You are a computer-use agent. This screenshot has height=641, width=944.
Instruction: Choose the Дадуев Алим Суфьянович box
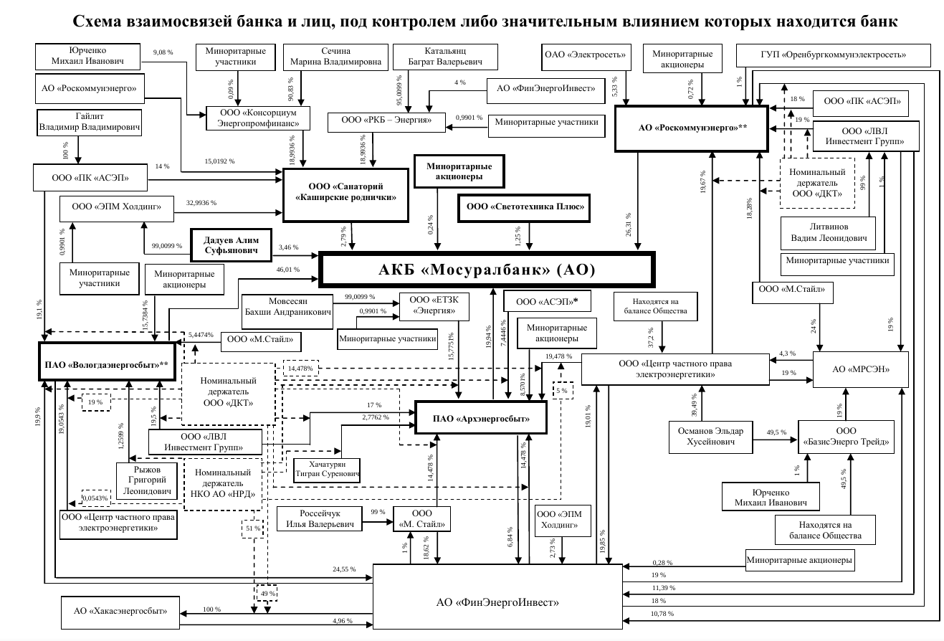coord(231,245)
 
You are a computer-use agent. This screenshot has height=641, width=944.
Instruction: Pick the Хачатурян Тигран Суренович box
coord(327,470)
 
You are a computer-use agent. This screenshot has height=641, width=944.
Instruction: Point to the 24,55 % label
coord(344,569)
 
